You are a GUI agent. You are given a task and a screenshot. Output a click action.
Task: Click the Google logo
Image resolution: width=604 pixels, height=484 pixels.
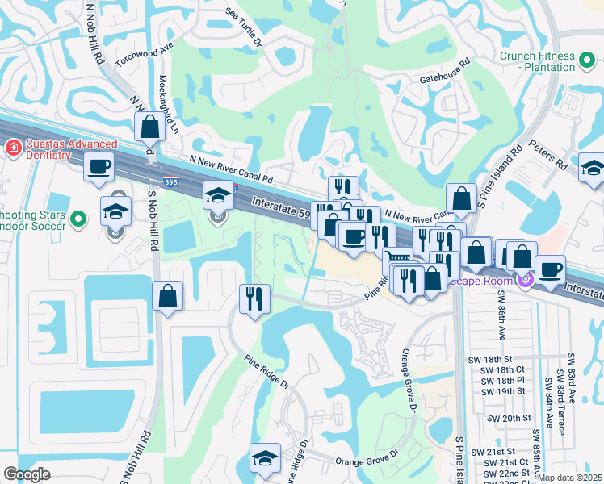(x=27, y=475)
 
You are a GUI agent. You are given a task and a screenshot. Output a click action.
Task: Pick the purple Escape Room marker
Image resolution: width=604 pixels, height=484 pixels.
(x=526, y=279)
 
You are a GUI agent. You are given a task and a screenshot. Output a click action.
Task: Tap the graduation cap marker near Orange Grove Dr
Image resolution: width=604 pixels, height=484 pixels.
(x=264, y=457)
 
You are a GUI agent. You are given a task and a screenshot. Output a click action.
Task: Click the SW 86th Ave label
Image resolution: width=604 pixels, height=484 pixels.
(x=500, y=319)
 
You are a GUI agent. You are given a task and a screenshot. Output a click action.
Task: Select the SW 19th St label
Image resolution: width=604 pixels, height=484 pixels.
(x=506, y=391)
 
